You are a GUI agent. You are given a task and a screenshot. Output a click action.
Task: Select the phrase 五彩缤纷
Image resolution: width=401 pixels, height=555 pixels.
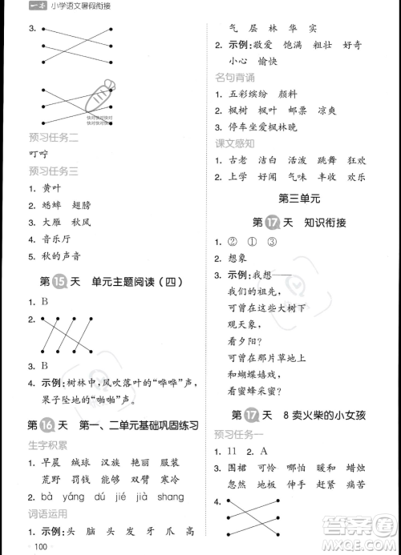[x=255, y=94]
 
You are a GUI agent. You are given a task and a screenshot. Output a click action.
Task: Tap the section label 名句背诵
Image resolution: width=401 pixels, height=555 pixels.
[x=235, y=77]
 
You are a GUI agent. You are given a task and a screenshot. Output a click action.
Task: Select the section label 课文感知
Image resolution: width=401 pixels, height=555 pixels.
[x=235, y=143]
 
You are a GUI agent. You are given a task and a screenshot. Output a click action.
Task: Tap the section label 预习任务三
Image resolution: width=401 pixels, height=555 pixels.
[x=53, y=171]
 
